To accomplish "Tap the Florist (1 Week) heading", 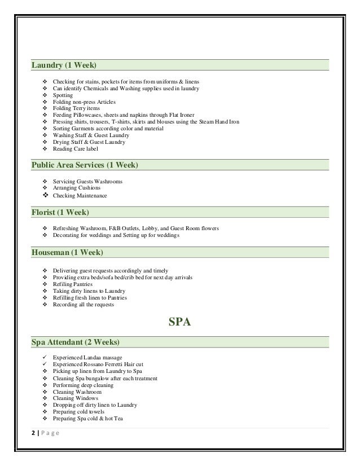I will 60,213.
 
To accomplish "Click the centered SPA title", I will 180,323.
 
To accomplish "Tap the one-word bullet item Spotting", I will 63,95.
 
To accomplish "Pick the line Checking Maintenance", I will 80,196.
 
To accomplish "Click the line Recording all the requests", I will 83,305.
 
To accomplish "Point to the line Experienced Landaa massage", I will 90,358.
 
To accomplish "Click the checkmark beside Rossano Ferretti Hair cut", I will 45,364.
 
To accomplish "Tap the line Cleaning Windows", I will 76,398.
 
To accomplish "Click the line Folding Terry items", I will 76,109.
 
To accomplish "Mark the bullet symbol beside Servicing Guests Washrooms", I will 45,182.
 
